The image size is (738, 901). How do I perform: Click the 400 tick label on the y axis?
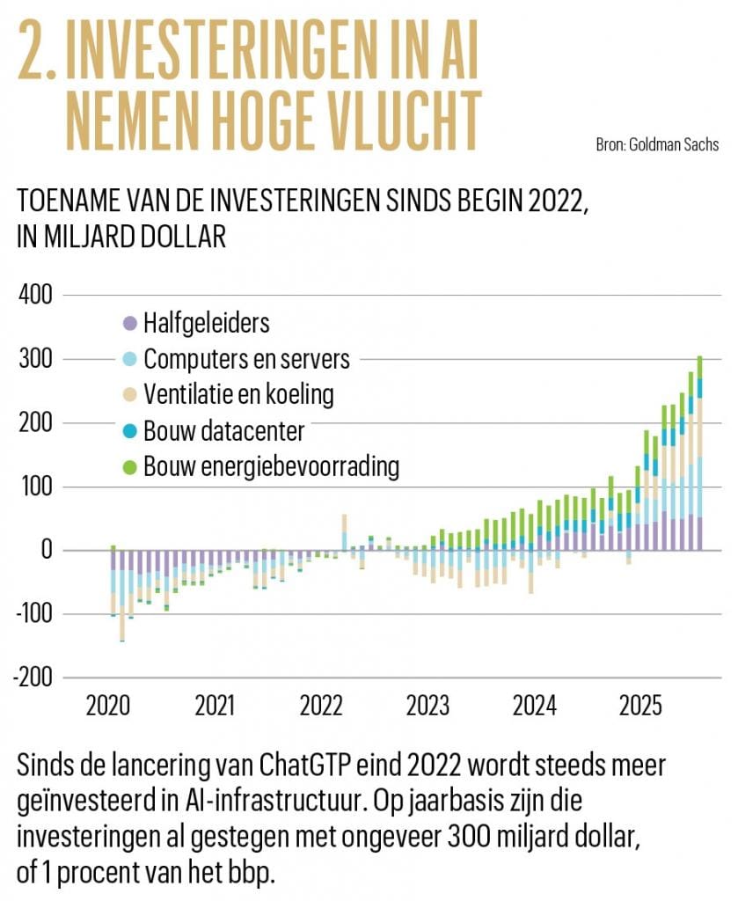36,296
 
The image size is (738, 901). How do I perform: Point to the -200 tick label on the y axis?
33,678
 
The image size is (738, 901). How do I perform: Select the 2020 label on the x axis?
109,707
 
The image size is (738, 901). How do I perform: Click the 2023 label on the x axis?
428,707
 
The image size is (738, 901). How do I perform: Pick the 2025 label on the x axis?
641,707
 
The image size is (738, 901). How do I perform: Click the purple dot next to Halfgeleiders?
130,324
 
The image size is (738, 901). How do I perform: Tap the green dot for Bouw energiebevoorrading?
130,466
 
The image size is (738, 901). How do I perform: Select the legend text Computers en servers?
246,359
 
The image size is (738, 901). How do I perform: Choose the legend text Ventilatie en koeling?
238,394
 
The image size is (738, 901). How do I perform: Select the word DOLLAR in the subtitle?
175,238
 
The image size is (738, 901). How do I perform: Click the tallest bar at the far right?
699,452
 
